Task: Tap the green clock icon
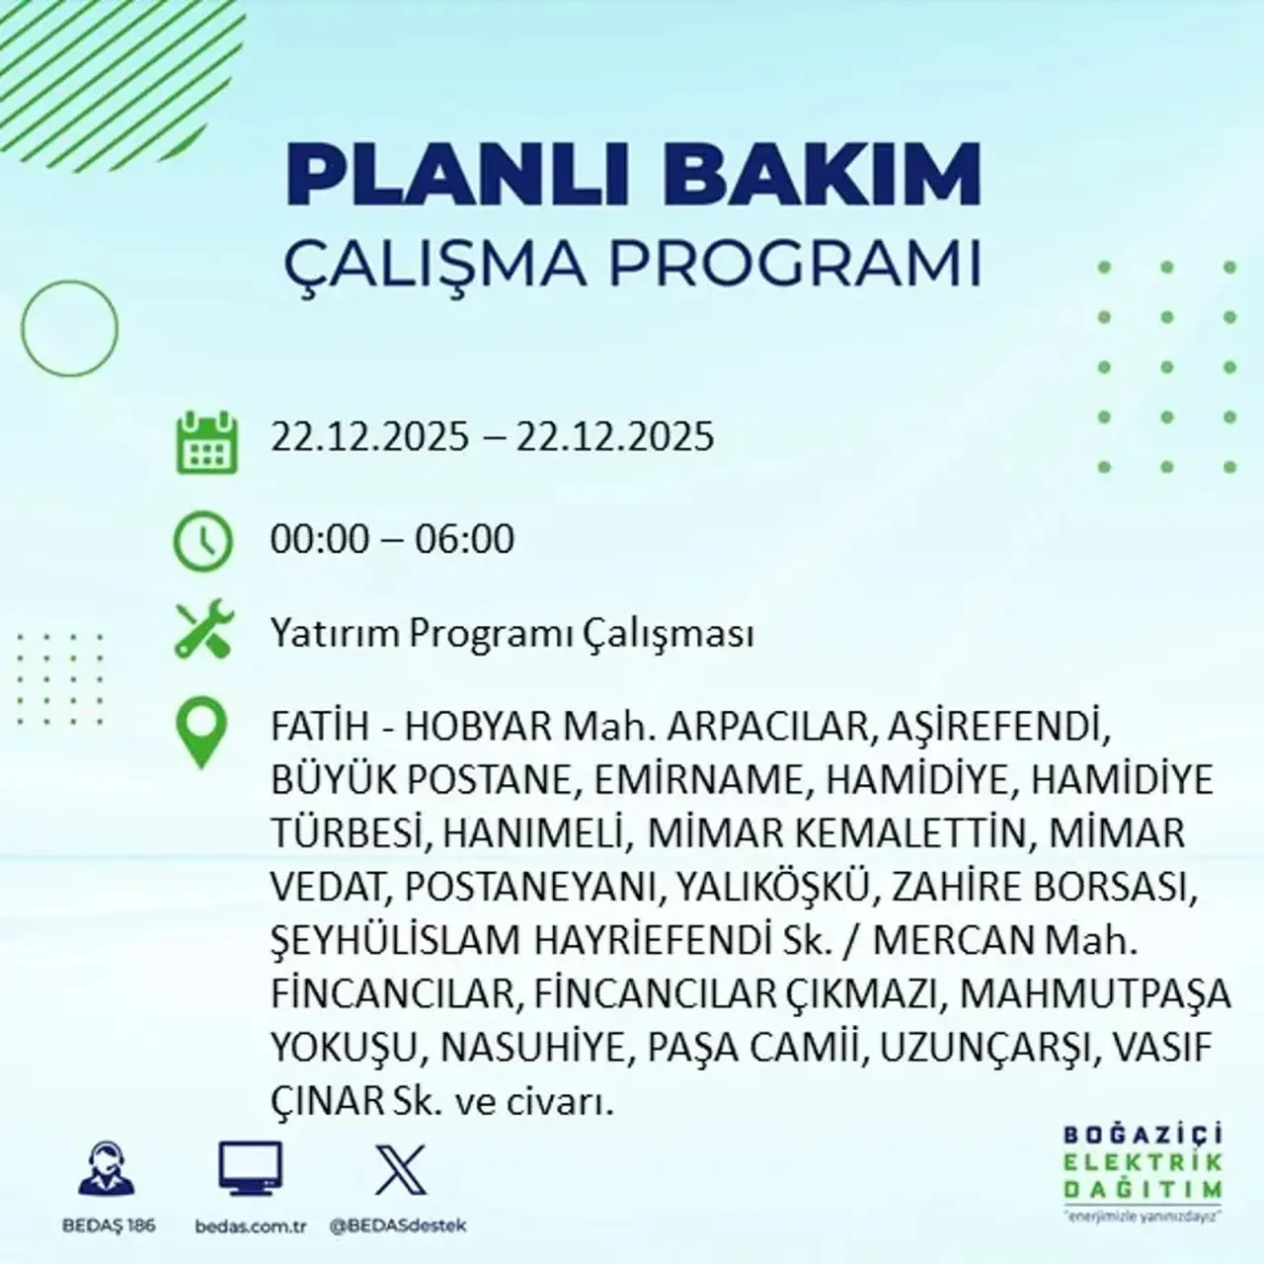(x=203, y=541)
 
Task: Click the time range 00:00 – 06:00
(x=393, y=539)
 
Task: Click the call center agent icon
(x=105, y=1171)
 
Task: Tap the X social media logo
(x=401, y=1171)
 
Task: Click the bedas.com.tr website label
(x=251, y=1225)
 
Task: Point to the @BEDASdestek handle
(x=397, y=1225)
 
